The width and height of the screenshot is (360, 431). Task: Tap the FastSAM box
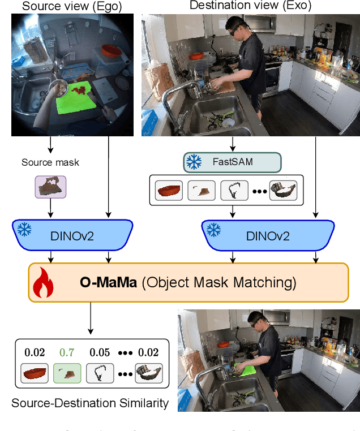pos(232,162)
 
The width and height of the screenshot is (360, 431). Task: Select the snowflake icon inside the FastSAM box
pos(195,162)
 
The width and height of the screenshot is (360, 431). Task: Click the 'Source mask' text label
pos(50,162)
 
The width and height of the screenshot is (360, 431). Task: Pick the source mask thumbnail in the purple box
pos(51,187)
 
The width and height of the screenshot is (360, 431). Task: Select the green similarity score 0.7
pos(67,352)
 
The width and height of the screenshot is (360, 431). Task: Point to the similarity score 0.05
pos(100,352)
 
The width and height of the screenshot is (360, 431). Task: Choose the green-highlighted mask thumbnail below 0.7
pos(67,373)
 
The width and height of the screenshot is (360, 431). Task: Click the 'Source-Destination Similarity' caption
pos(90,403)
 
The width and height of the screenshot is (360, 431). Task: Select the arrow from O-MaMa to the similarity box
pos(90,320)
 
